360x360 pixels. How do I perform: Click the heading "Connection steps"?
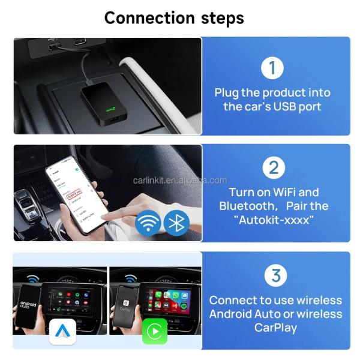174,17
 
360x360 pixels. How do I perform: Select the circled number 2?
273,167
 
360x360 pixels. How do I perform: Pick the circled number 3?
275,275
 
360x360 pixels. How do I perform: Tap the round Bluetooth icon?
176,222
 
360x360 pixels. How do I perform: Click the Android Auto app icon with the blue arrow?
62,331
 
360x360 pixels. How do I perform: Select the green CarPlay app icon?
154,331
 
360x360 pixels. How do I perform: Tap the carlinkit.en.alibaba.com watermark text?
179,180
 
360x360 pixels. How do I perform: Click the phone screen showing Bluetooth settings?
73,193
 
